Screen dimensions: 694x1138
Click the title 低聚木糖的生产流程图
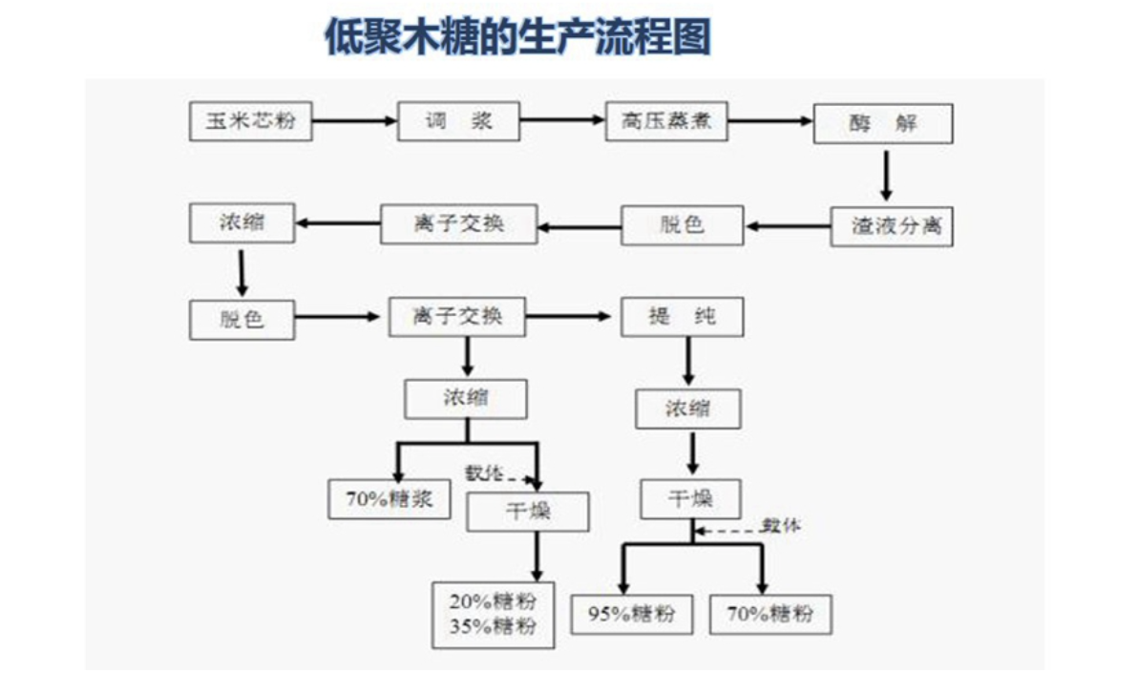click(518, 39)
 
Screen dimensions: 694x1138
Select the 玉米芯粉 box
click(251, 121)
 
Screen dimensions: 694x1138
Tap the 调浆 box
click(458, 121)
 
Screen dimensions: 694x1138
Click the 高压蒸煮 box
click(666, 121)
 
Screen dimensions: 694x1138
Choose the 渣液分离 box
click(891, 226)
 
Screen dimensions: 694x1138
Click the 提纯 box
click(682, 317)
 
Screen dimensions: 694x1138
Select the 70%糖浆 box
click(389, 499)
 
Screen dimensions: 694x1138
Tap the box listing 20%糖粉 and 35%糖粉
click(493, 614)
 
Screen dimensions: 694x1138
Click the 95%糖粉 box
click(631, 614)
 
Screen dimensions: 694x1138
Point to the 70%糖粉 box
click(769, 614)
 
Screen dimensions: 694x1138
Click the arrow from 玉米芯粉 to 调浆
click(354, 121)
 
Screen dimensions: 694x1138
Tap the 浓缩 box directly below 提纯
click(687, 410)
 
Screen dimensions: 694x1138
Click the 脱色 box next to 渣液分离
click(682, 226)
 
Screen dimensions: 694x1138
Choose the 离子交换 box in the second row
click(458, 224)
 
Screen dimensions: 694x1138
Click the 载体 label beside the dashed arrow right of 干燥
click(781, 526)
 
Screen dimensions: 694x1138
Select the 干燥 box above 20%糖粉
click(527, 513)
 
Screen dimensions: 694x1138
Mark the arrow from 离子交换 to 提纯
click(573, 316)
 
